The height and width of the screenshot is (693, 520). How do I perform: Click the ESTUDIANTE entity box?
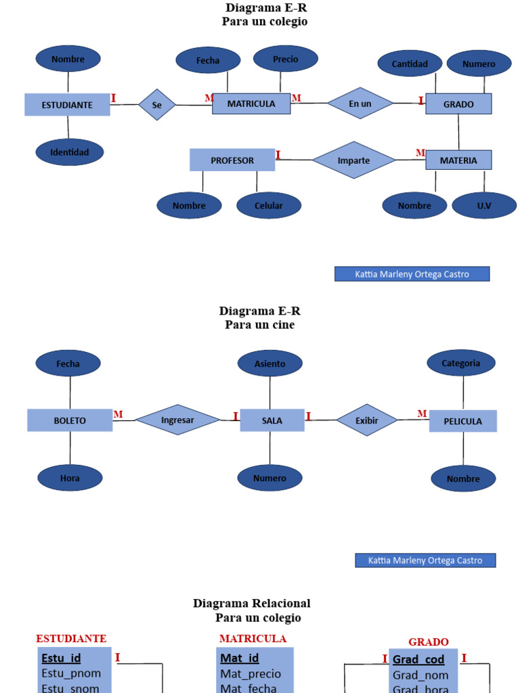click(x=67, y=105)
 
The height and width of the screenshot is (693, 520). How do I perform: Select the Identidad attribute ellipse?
click(x=69, y=152)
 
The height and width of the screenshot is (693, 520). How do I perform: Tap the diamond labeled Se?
click(x=157, y=105)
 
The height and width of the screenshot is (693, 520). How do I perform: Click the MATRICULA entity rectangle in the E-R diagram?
click(x=251, y=104)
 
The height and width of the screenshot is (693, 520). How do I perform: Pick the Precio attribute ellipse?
click(x=285, y=59)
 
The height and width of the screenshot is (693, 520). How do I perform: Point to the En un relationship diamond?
click(x=360, y=104)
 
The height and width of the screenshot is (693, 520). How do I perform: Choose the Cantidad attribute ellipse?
click(x=410, y=64)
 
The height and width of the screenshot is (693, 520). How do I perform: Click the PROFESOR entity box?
click(x=232, y=160)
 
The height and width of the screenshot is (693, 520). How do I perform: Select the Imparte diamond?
click(x=353, y=160)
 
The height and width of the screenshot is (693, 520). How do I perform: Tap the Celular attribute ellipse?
click(x=269, y=206)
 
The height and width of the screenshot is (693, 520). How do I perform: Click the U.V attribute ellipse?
click(x=483, y=206)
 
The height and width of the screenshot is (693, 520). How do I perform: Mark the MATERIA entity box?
click(x=458, y=160)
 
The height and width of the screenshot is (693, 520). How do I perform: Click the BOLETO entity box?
click(x=70, y=420)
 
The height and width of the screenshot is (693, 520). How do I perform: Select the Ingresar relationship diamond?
click(x=177, y=420)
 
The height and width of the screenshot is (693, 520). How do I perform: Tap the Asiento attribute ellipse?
click(x=269, y=363)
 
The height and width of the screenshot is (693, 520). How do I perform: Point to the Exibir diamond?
click(x=366, y=420)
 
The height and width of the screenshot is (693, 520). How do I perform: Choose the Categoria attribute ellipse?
click(x=460, y=363)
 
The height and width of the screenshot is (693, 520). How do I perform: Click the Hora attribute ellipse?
click(x=70, y=478)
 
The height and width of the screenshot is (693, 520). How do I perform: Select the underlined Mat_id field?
click(x=240, y=658)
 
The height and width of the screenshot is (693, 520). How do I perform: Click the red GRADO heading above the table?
click(x=428, y=642)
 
